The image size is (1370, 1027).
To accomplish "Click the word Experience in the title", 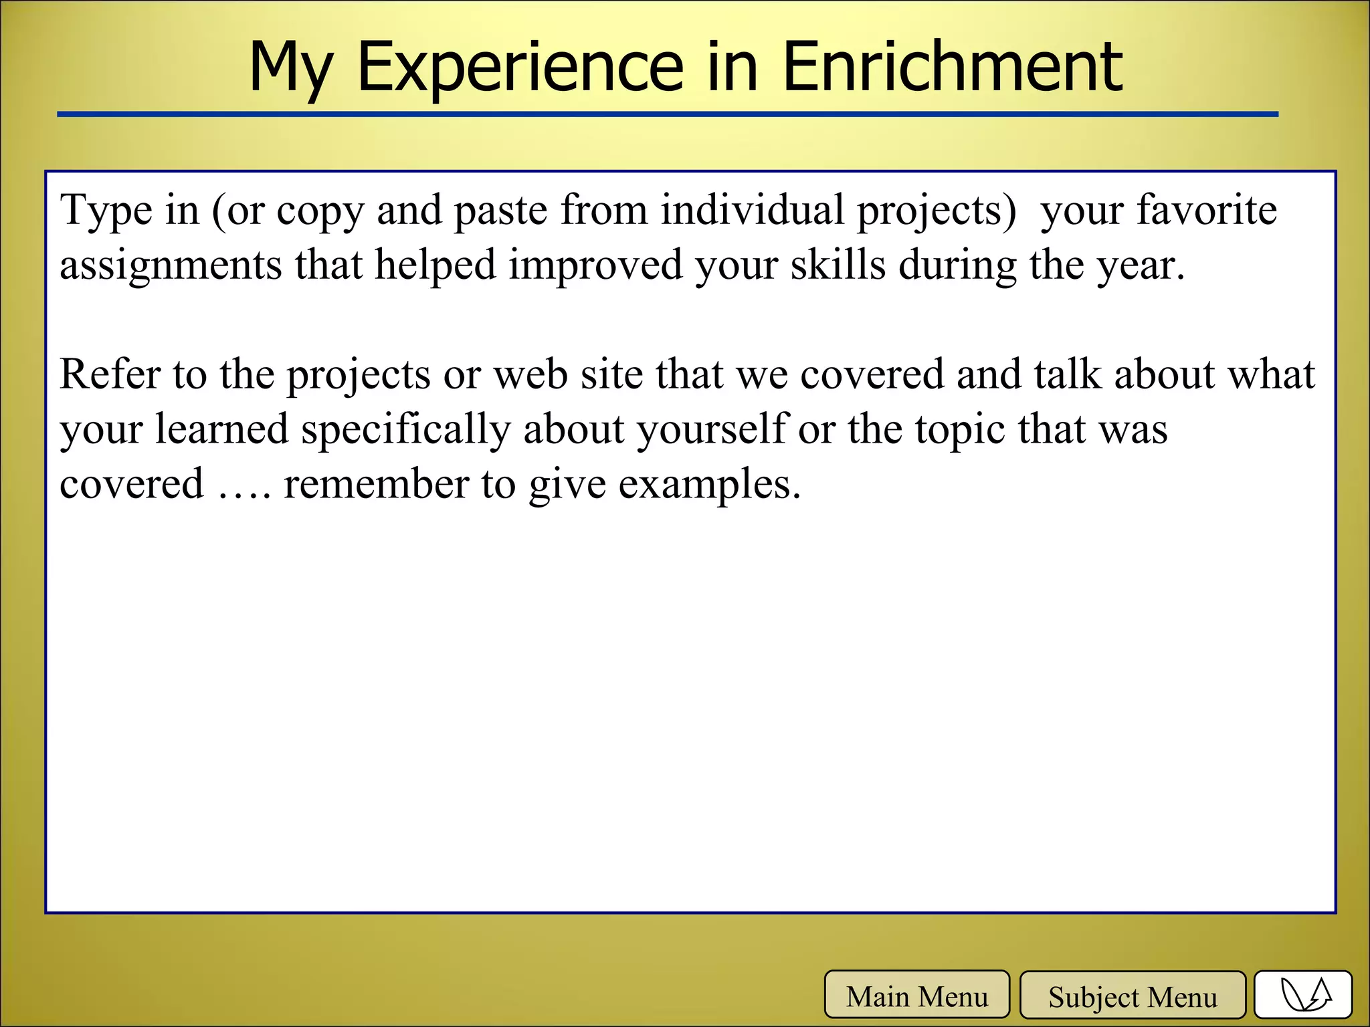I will click(520, 67).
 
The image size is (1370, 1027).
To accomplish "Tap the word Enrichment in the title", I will click(952, 67).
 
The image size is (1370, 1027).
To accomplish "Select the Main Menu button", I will click(916, 996).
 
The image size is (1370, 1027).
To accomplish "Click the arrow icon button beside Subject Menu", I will click(1302, 996).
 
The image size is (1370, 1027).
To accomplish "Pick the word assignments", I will click(171, 266).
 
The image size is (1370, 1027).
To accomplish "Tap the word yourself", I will click(712, 430).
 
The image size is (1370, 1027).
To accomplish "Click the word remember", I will click(376, 484).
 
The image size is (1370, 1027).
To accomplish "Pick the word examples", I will click(709, 485).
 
